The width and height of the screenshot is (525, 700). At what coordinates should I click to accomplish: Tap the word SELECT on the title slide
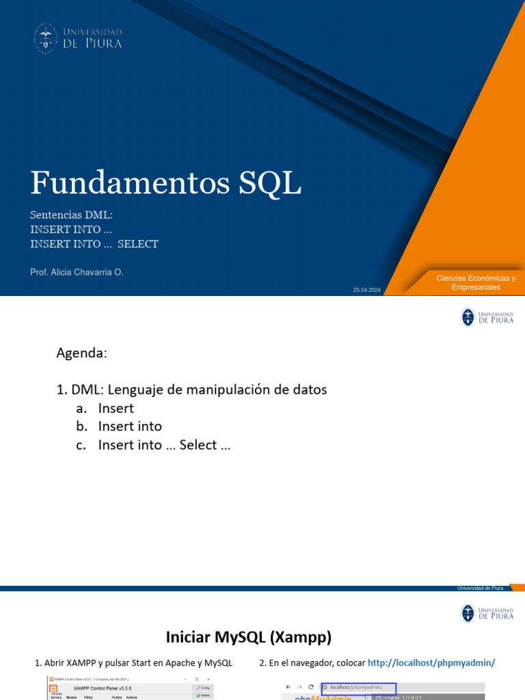tap(138, 244)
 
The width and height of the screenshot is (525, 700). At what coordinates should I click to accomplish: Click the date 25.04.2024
tap(367, 291)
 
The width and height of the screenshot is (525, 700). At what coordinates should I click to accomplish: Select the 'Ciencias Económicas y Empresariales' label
tap(476, 282)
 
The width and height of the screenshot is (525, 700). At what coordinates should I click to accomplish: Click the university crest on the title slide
tap(46, 38)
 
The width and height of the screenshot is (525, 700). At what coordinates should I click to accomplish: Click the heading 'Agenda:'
tap(81, 353)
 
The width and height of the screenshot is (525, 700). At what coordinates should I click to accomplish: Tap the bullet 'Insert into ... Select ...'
tap(164, 445)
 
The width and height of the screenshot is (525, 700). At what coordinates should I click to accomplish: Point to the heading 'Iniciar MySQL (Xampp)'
tap(248, 638)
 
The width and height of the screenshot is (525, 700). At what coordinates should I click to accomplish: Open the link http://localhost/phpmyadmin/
tap(431, 663)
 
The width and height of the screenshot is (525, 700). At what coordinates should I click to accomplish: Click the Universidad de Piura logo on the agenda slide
tap(487, 317)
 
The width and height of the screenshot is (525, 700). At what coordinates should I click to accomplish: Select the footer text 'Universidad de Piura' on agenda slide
tap(480, 588)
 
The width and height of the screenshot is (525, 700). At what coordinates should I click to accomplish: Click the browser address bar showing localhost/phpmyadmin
tap(360, 686)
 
